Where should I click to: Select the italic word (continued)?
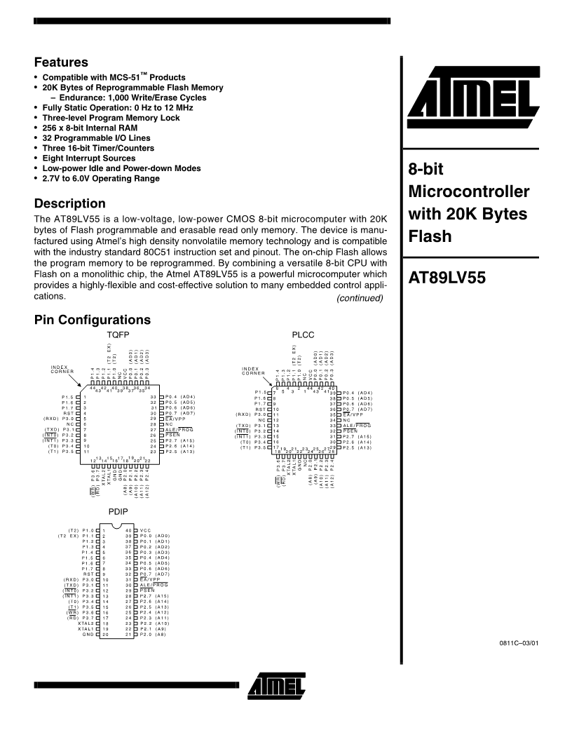pos(360,298)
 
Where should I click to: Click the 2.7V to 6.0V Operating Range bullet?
pos(99,178)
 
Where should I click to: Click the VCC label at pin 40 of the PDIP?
pos(146,530)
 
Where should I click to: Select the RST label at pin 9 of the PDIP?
pos(88,574)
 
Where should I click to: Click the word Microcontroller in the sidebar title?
pos(469,191)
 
